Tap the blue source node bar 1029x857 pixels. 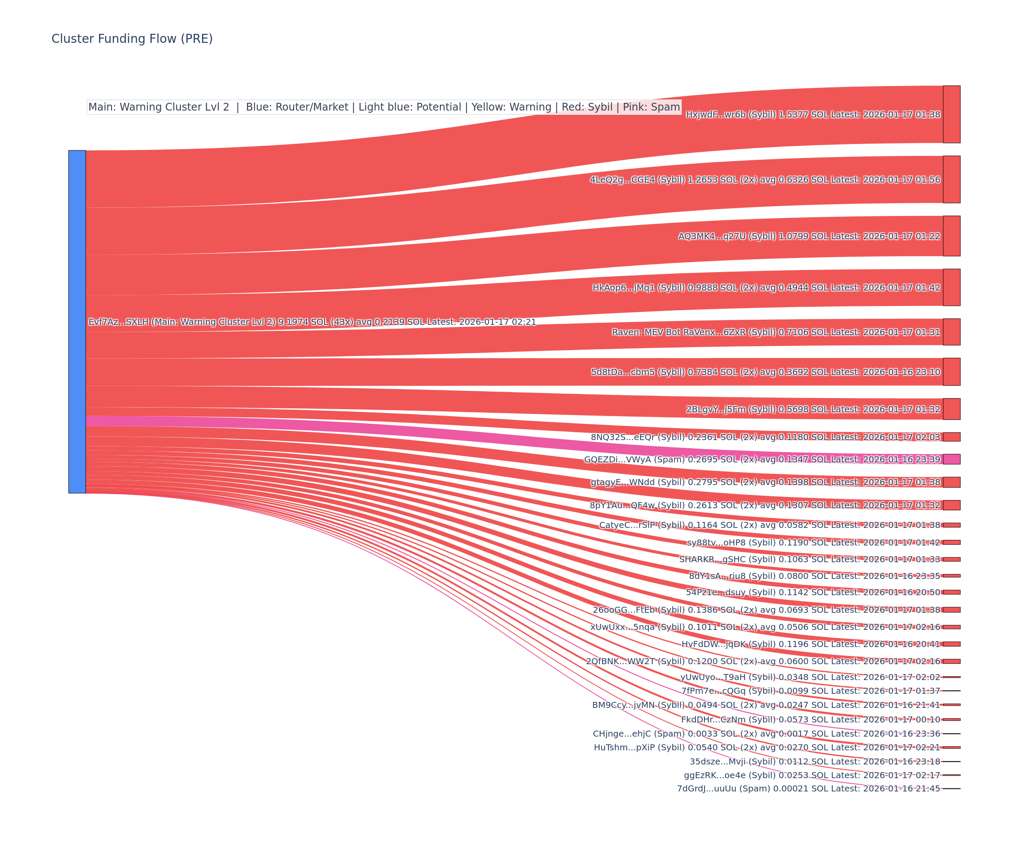[x=77, y=321]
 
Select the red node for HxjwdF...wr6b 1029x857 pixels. [x=951, y=114]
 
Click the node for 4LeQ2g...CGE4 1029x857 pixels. [x=951, y=179]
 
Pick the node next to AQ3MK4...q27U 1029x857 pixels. [x=951, y=236]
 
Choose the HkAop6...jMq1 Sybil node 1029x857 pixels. [x=951, y=287]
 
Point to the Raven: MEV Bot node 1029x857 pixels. [x=951, y=332]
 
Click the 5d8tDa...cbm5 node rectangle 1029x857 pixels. [x=951, y=372]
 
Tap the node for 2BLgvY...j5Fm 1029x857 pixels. [x=951, y=409]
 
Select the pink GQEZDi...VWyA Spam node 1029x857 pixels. [x=951, y=459]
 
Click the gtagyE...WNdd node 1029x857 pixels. [x=951, y=482]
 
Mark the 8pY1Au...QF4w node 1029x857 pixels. [x=951, y=505]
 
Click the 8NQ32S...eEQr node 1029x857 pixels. [x=951, y=437]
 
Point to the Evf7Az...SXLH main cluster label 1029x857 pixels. [x=312, y=322]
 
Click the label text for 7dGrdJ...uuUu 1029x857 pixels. [x=808, y=788]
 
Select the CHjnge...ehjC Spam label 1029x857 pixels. [x=766, y=734]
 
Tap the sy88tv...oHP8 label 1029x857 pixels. [x=813, y=542]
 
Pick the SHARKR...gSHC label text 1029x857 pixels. [x=809, y=559]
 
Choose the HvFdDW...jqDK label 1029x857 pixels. [x=810, y=644]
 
